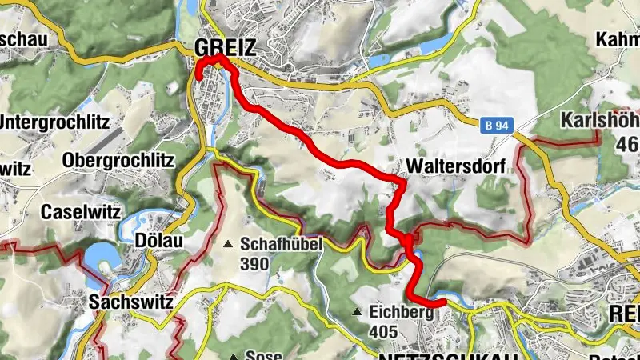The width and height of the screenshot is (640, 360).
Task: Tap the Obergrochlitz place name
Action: (x=118, y=160)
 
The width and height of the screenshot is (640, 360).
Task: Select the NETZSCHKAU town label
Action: (x=444, y=355)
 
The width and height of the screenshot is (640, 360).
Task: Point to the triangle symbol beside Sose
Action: (x=233, y=357)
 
